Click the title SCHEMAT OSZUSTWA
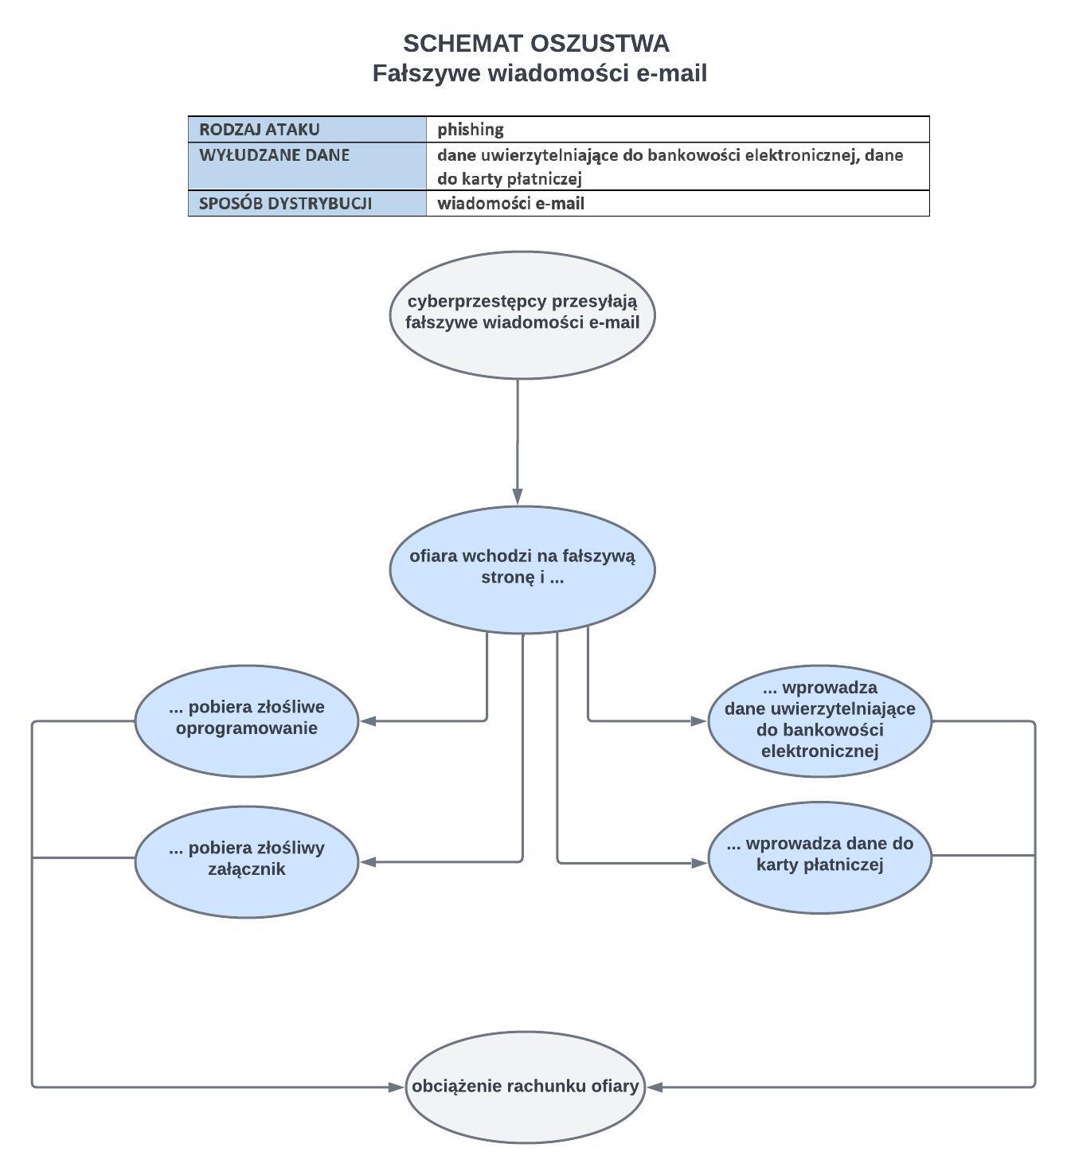pyautogui.click(x=535, y=43)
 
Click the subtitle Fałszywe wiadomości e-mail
pyautogui.click(x=539, y=73)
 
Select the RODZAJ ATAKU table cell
pyautogui.click(x=307, y=129)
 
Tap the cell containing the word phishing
pyautogui.click(x=677, y=129)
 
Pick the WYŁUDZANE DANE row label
pyautogui.click(x=307, y=166)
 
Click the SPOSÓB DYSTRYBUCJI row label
pyautogui.click(x=307, y=203)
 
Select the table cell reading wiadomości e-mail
pyautogui.click(x=677, y=203)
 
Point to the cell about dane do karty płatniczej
pyautogui.click(x=677, y=166)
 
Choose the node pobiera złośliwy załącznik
pyautogui.click(x=247, y=861)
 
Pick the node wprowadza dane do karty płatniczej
pyautogui.click(x=819, y=857)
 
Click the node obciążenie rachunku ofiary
pyautogui.click(x=525, y=1087)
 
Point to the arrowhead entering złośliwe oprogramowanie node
pyautogui.click(x=368, y=721)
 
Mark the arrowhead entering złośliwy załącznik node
pyautogui.click(x=368, y=861)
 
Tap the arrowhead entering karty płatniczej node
pyautogui.click(x=699, y=862)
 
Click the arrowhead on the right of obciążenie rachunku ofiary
pyautogui.click(x=655, y=1087)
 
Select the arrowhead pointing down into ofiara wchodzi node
pyautogui.click(x=518, y=497)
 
